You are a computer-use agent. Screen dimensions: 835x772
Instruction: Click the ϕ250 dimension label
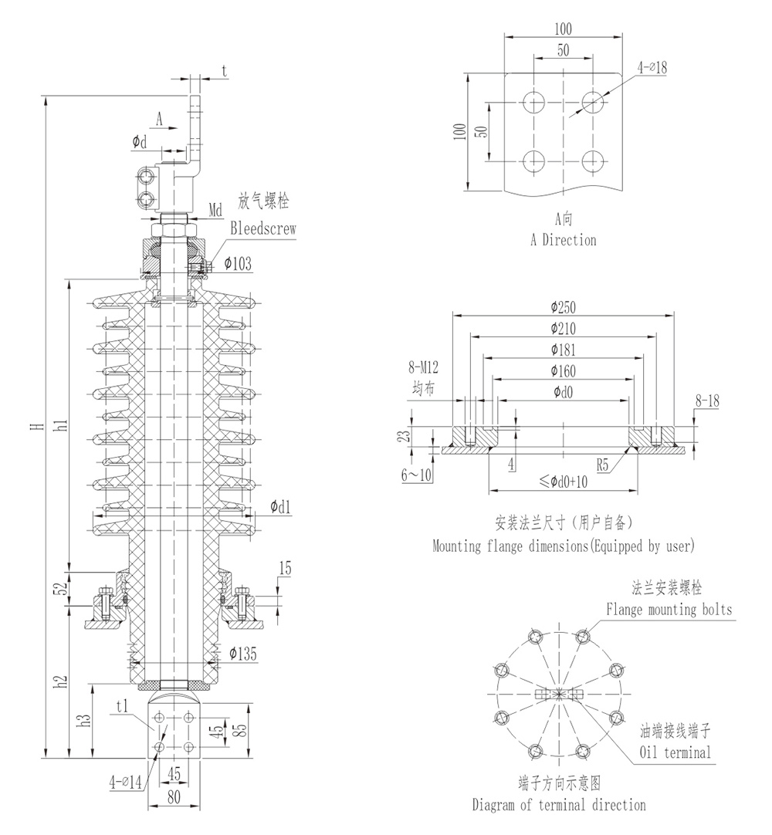[x=564, y=306]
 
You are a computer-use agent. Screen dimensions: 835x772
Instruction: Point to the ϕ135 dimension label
[x=243, y=655]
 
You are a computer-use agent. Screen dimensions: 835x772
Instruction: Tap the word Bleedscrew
[x=263, y=229]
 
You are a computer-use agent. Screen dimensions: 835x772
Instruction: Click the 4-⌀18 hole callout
[x=652, y=68]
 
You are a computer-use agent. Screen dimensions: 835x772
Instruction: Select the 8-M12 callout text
[x=425, y=370]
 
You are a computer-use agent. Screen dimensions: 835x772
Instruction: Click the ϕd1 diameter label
[x=281, y=507]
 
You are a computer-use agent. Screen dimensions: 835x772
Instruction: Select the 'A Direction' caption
[x=563, y=240]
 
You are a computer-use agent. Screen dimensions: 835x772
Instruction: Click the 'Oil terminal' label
[x=675, y=752]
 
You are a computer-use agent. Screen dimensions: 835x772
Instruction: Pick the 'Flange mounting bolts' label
[x=669, y=610]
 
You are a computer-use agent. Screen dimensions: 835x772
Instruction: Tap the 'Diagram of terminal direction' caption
[x=559, y=805]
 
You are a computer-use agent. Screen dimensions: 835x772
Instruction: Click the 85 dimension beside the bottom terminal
[x=241, y=729]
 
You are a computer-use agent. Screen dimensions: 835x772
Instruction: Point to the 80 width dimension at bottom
[x=174, y=797]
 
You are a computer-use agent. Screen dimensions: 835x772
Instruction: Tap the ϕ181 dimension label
[x=564, y=349]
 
